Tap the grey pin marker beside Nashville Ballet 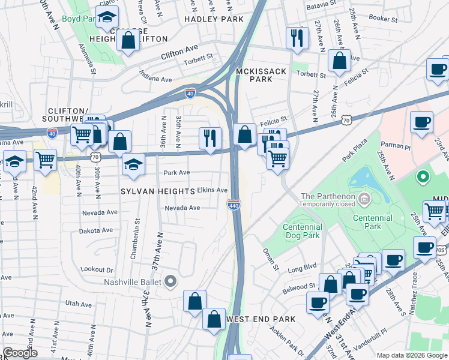170,281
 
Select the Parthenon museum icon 363,198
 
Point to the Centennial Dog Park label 303,231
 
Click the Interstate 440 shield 234,205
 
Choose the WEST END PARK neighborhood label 261,319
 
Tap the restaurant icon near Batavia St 296,38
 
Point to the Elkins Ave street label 212,190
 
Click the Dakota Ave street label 95,230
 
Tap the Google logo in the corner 20,353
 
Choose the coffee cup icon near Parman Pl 421,122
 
